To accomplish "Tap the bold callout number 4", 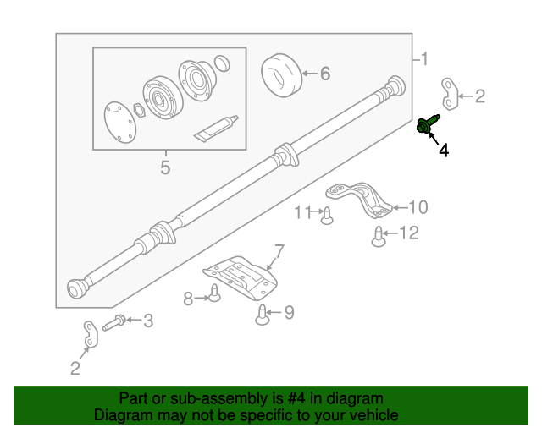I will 443,151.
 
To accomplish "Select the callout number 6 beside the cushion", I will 324,74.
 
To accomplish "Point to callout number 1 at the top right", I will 424,59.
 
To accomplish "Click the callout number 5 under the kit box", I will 165,167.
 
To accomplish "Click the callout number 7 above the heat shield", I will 275,250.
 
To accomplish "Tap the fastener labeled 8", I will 215,295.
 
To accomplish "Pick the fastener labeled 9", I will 263,315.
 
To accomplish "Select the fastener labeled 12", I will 379,238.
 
